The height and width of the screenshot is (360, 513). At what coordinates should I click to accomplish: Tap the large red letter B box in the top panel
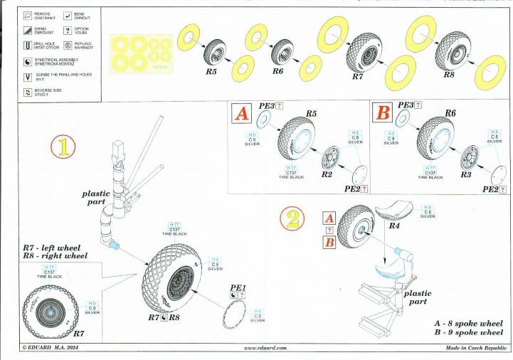[382, 114]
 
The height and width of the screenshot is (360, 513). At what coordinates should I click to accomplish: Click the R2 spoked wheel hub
[331, 156]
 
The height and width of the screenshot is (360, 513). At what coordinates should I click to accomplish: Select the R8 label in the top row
[449, 74]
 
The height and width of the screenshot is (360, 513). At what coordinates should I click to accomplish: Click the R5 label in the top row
[211, 72]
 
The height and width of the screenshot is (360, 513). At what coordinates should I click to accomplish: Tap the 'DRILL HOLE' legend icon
[28, 46]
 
